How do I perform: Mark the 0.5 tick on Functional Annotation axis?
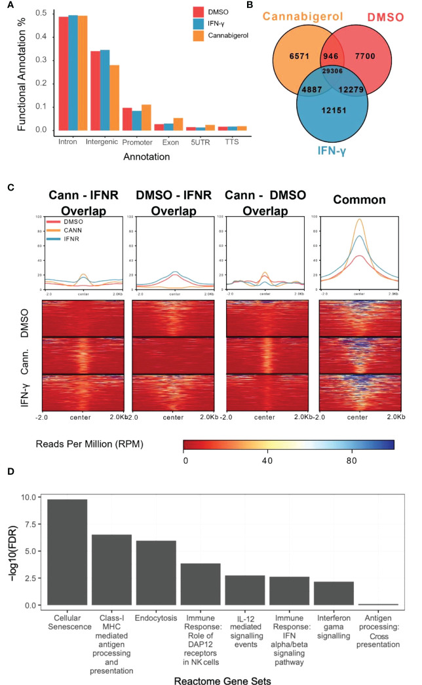pyautogui.click(x=41, y=13)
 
